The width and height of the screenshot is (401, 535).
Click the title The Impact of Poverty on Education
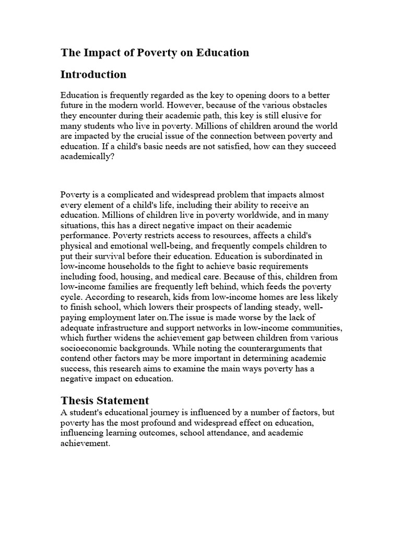point(155,53)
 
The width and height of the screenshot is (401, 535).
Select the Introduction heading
point(93,75)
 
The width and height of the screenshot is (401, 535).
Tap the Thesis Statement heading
point(104,401)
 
